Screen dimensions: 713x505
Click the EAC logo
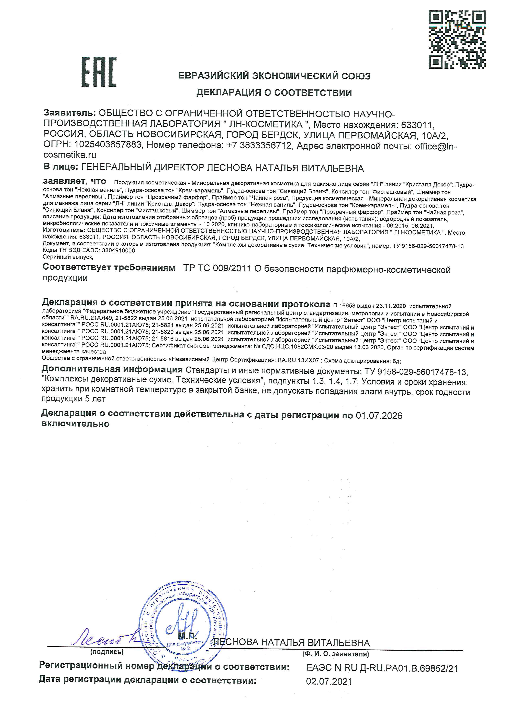[x=99, y=72]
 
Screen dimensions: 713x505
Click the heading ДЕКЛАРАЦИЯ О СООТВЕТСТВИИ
[x=274, y=93]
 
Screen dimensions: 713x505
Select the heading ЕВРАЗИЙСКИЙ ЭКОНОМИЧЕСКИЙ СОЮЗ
[x=274, y=76]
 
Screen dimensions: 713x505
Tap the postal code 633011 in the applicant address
[x=416, y=125]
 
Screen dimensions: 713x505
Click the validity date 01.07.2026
[x=379, y=416]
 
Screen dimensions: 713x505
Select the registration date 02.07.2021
[x=329, y=681]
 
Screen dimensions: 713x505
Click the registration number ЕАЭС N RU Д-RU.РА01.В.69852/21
[x=382, y=668]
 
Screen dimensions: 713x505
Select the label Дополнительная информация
[x=112, y=369]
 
